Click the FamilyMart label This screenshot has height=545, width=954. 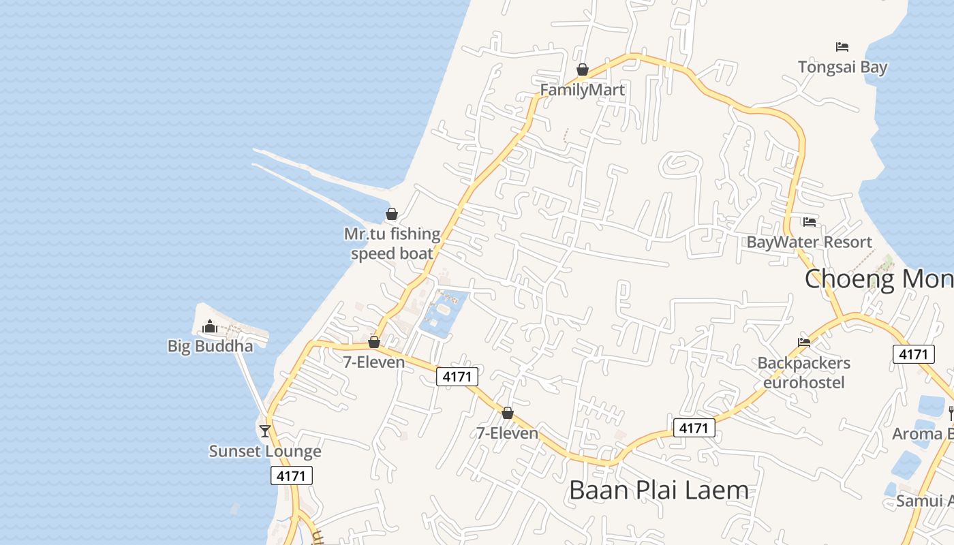[x=582, y=90]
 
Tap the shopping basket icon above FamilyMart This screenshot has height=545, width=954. [x=583, y=69]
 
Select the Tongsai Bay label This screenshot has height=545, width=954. [x=842, y=67]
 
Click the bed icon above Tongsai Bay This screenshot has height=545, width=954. [x=842, y=47]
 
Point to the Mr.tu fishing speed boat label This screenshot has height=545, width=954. [x=392, y=244]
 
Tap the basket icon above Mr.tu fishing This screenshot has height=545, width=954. [x=392, y=214]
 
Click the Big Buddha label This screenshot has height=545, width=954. [x=210, y=346]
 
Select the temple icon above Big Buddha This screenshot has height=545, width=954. [x=210, y=327]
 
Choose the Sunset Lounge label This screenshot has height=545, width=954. [x=265, y=451]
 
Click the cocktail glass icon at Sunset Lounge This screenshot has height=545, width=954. [x=265, y=431]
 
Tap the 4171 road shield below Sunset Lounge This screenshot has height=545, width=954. [x=292, y=476]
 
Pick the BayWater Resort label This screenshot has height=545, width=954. [x=810, y=242]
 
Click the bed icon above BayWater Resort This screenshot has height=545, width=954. [x=810, y=222]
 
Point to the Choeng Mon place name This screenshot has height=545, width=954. [x=879, y=279]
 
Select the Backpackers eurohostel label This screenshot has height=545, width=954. [x=804, y=373]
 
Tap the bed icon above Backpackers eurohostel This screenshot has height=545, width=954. [x=804, y=343]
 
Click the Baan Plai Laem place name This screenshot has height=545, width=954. [x=658, y=490]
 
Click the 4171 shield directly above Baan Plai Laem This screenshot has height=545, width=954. [x=694, y=428]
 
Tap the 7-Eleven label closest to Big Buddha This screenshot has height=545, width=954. [x=374, y=362]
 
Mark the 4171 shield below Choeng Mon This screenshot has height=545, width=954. [x=913, y=354]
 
